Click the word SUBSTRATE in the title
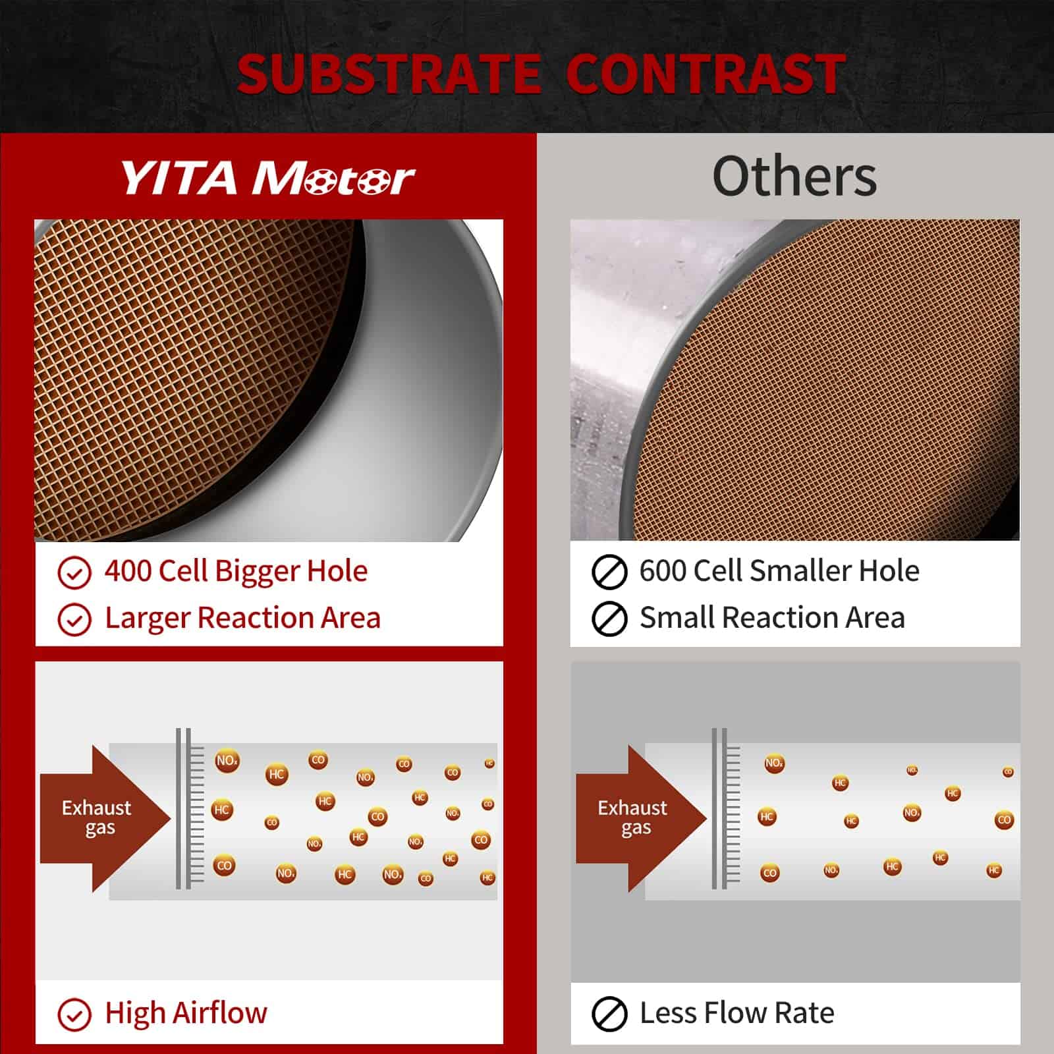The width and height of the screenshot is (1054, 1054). tap(389, 74)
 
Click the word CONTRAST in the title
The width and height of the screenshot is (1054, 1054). tap(706, 74)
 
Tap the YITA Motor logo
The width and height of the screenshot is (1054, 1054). tap(267, 178)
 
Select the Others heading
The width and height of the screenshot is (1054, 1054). tap(794, 176)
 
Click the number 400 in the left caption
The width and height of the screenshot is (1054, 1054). tap(128, 571)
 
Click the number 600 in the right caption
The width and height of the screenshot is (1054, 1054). tap(663, 570)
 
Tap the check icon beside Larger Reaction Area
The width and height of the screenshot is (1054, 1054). tap(74, 619)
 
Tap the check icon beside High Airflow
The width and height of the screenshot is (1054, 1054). tap(74, 1014)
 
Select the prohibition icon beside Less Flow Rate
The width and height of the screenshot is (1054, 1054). tap(609, 1014)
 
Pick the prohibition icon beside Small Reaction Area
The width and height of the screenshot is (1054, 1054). tap(609, 619)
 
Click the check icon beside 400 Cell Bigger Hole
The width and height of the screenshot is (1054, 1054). tap(74, 572)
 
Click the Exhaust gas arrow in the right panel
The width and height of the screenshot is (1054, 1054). tap(641, 819)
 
